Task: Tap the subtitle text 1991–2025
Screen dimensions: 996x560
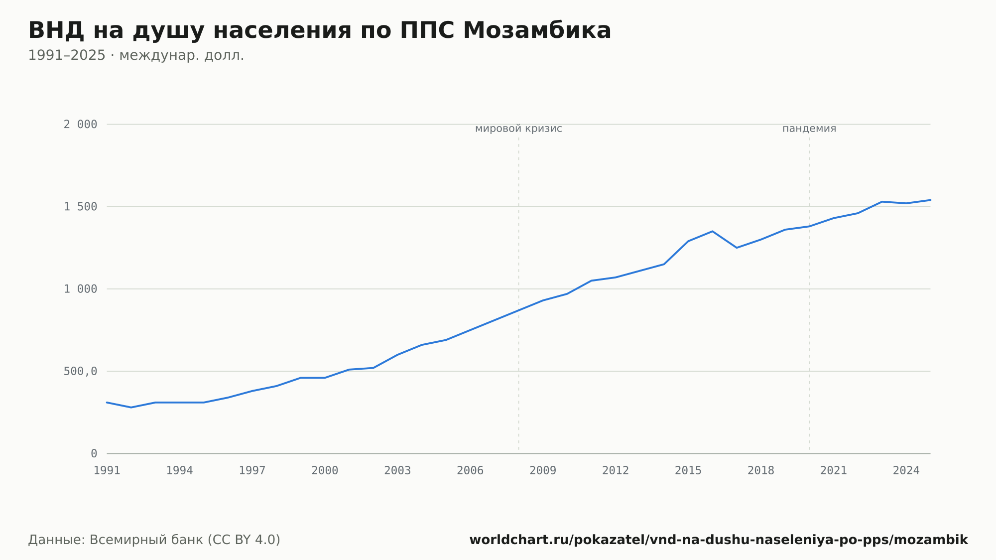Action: coord(67,55)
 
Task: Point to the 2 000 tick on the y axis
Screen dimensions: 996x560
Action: coord(80,125)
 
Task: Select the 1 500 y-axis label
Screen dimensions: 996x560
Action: coord(80,207)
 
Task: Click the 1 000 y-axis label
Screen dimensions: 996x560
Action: coord(80,289)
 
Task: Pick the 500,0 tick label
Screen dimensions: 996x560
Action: coord(80,371)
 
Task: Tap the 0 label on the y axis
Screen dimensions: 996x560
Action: coord(94,453)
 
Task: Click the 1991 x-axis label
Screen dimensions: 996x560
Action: coord(107,471)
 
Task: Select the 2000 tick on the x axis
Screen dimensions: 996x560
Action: coord(325,471)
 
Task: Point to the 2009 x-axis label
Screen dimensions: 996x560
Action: coord(543,471)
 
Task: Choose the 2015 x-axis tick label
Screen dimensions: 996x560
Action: coord(688,471)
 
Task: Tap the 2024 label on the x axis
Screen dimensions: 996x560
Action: coord(906,471)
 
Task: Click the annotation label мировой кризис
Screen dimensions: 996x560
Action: coord(518,129)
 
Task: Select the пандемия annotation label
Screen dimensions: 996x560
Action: coord(809,129)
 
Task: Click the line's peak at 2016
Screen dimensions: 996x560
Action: coord(712,231)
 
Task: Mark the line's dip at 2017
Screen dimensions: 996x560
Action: coord(737,248)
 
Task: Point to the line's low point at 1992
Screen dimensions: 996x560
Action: coord(131,408)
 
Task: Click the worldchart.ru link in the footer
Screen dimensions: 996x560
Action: coord(719,540)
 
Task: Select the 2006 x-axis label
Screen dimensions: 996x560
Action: coord(470,471)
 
